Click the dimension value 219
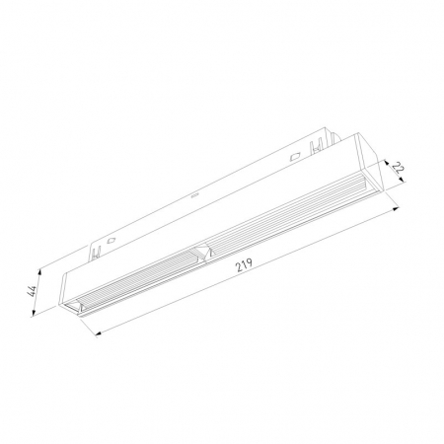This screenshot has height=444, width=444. (244, 264)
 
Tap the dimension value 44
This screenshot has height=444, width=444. (32, 291)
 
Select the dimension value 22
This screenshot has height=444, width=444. (398, 169)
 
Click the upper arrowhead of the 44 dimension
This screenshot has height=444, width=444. (39, 272)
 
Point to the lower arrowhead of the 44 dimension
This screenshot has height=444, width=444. (33, 314)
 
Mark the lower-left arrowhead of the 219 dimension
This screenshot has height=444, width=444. (98, 333)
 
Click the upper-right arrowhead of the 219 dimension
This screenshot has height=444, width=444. (396, 208)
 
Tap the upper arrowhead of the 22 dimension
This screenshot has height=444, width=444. (387, 162)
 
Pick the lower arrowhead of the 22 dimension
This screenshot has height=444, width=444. (402, 179)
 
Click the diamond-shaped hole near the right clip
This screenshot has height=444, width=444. (295, 157)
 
